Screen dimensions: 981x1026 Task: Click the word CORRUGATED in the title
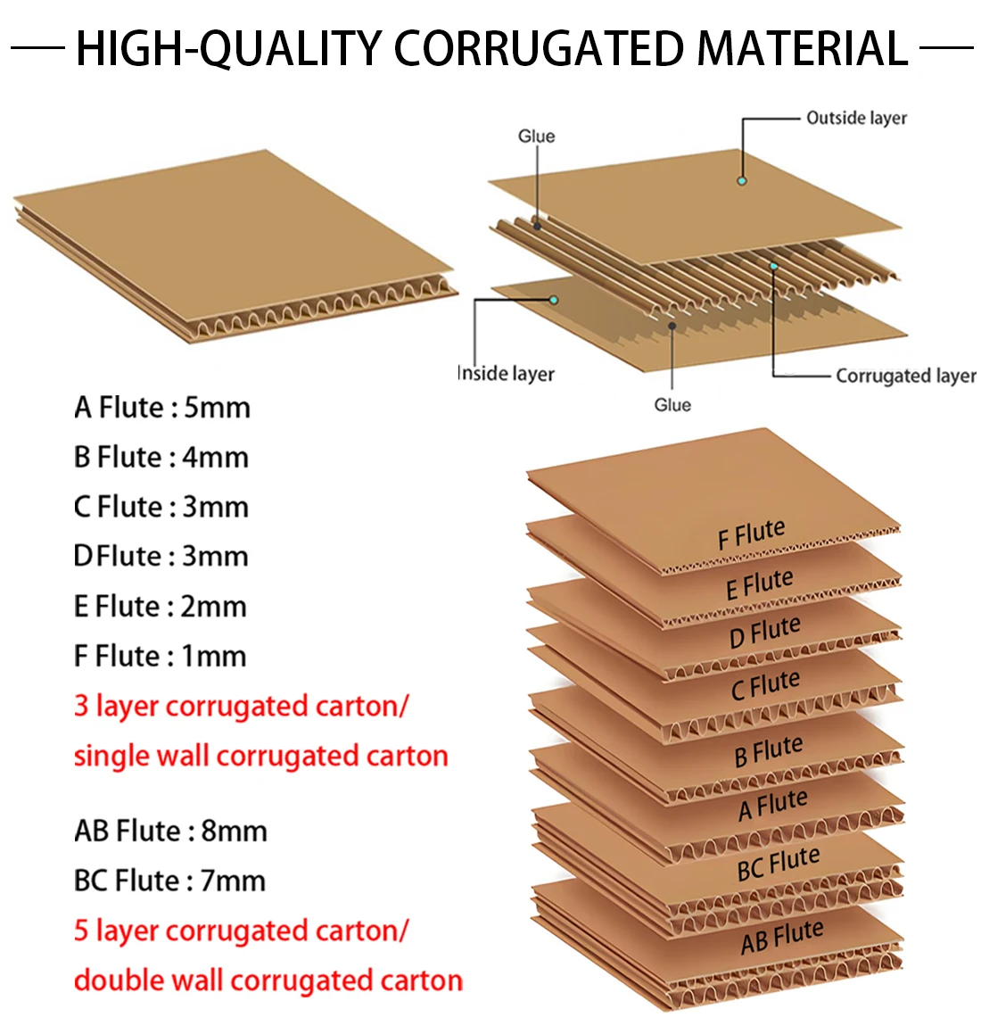pyautogui.click(x=539, y=48)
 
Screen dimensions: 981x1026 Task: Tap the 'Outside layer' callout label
pyautogui.click(x=856, y=119)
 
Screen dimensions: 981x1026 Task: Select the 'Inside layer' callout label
pyautogui.click(x=506, y=374)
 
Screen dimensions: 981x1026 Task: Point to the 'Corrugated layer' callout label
pyautogui.click(x=906, y=376)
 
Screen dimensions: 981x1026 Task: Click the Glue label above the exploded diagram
pyautogui.click(x=536, y=137)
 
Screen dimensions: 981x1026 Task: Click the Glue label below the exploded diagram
pyautogui.click(x=672, y=405)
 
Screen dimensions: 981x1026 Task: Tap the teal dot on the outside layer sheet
pyautogui.click(x=742, y=180)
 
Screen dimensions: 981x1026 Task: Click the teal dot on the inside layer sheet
pyautogui.click(x=554, y=300)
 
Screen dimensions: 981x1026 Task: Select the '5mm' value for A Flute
pyautogui.click(x=217, y=408)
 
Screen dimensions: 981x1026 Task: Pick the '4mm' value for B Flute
pyautogui.click(x=215, y=458)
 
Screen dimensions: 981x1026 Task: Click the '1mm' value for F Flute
pyautogui.click(x=214, y=656)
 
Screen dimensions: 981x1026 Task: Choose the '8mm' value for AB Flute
pyautogui.click(x=235, y=831)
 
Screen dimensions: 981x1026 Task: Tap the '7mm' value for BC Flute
pyautogui.click(x=233, y=881)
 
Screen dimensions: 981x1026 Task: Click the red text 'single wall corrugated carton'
pyautogui.click(x=261, y=757)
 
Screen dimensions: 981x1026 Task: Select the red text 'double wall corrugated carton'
pyautogui.click(x=268, y=980)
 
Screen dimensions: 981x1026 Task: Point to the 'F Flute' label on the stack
pyautogui.click(x=751, y=534)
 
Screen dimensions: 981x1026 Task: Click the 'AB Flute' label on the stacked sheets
pyautogui.click(x=781, y=937)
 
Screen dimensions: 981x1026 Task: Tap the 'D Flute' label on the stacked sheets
pyautogui.click(x=764, y=632)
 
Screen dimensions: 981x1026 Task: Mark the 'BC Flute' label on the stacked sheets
pyautogui.click(x=779, y=864)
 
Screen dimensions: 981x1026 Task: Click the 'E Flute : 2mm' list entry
pyautogui.click(x=161, y=607)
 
